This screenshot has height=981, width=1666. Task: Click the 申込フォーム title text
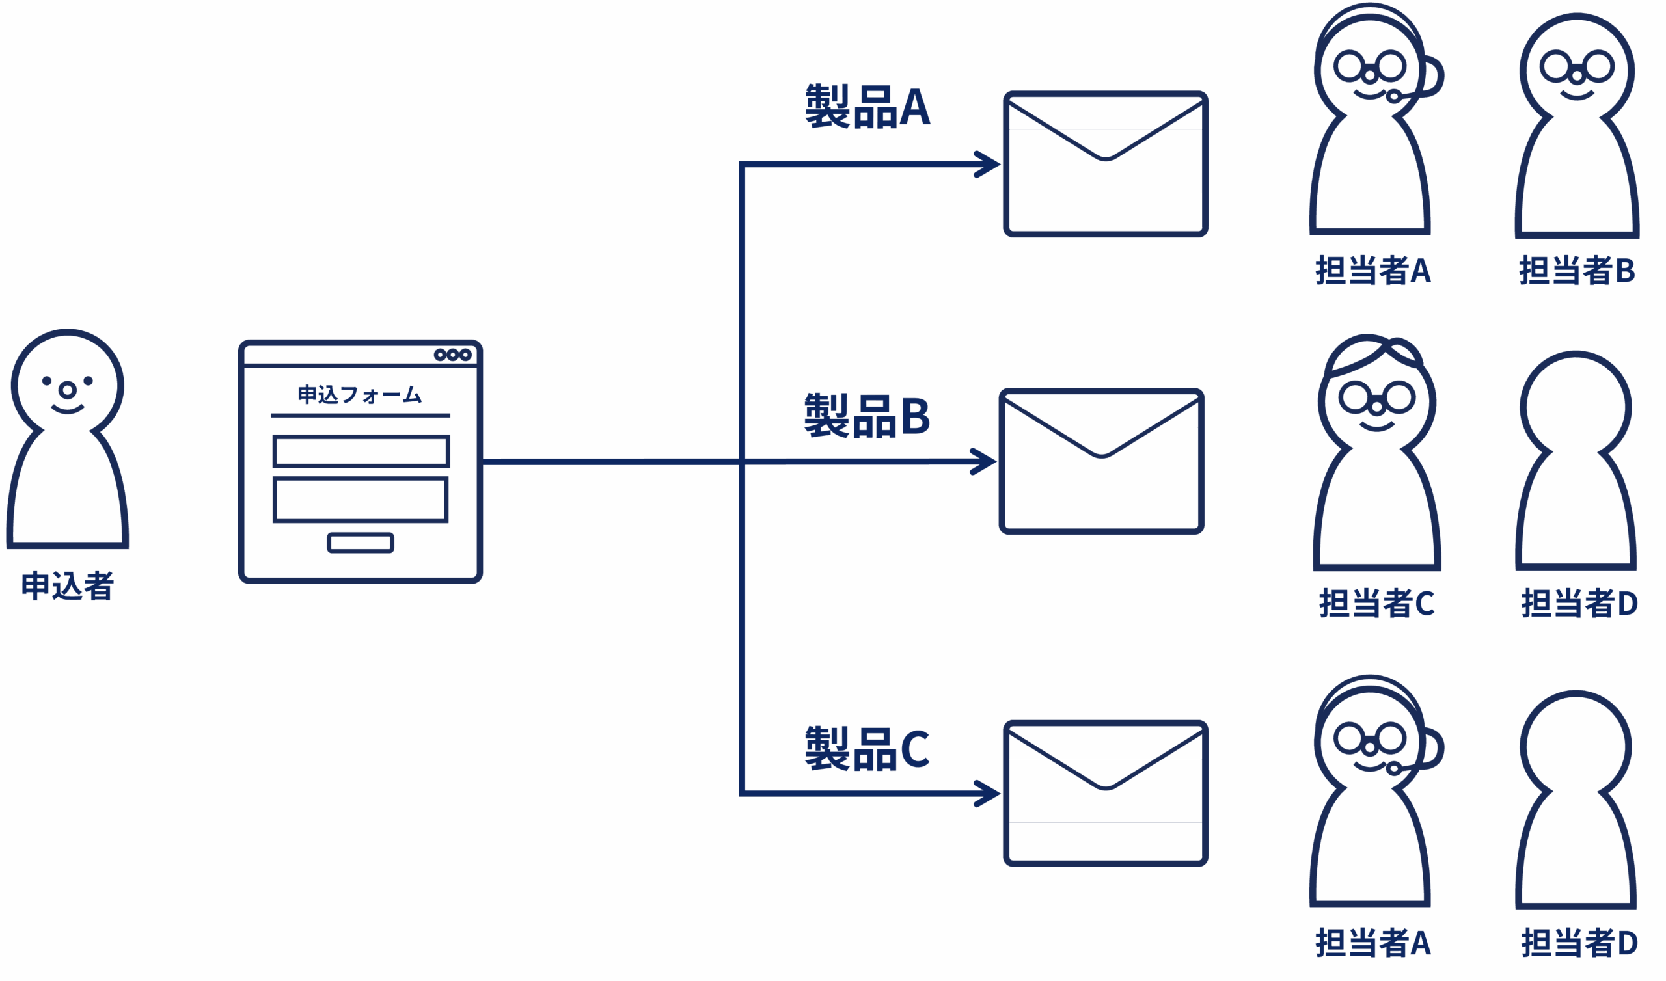tap(360, 395)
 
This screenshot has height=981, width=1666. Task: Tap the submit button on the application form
tap(361, 543)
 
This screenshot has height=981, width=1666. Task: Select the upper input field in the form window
tap(361, 451)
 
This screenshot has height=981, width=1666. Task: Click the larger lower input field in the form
tap(361, 500)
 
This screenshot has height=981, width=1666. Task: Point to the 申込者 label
tap(68, 585)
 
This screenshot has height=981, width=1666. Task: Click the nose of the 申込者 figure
tap(68, 390)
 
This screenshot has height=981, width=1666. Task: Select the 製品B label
tap(867, 416)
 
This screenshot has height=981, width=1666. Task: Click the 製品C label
tap(867, 749)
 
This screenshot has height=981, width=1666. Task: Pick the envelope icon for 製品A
tap(1106, 163)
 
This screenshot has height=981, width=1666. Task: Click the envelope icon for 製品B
tap(1101, 460)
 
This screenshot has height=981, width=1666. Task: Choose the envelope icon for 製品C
tap(1106, 792)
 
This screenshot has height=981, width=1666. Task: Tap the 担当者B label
tap(1578, 271)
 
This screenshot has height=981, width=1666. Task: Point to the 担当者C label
tap(1376, 603)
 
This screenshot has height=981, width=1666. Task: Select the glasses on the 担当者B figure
tap(1577, 66)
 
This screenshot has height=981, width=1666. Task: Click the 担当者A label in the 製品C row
tap(1373, 942)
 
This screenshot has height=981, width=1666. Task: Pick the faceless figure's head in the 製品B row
tap(1576, 407)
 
